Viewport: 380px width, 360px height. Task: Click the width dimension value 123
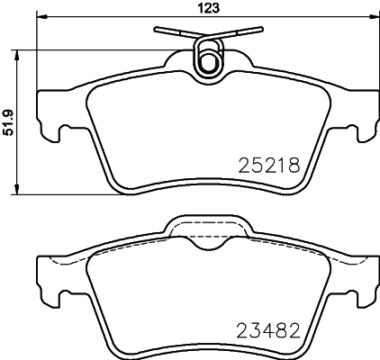tap(209, 8)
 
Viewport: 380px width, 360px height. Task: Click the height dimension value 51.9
tap(9, 122)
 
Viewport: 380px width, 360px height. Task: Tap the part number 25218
tap(269, 166)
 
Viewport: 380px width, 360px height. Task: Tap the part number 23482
tap(268, 330)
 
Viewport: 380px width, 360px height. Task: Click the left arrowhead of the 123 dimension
tap(42, 17)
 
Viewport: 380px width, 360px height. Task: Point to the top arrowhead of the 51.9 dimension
tap(17, 56)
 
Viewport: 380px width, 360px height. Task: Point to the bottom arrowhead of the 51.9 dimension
tap(17, 189)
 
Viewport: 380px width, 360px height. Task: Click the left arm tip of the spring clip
tap(156, 29)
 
